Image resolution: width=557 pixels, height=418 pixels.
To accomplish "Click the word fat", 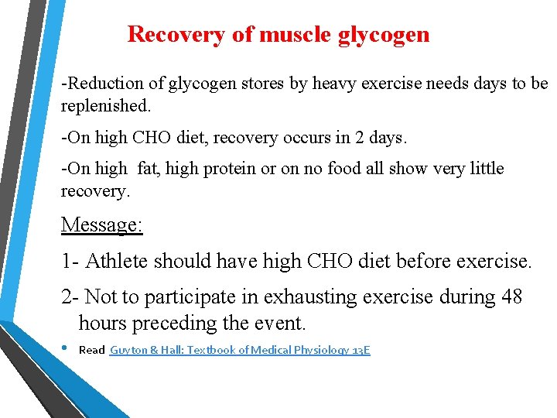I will coord(148,169).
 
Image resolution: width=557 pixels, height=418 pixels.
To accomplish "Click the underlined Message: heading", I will coord(101,225).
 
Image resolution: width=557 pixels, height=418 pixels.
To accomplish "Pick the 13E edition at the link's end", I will coord(361,351).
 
